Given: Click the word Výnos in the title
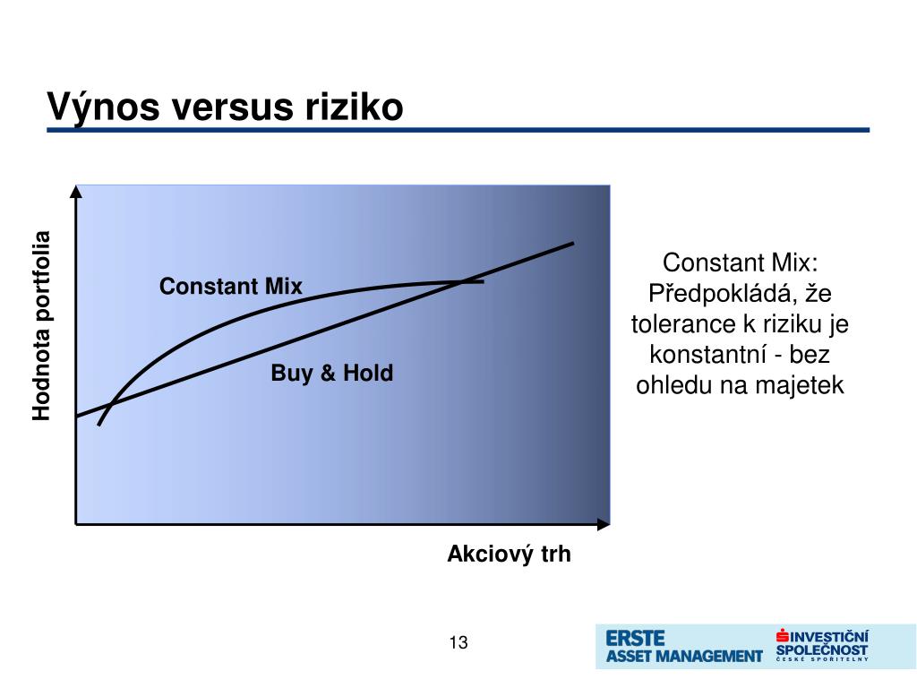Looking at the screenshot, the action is pyautogui.click(x=103, y=107).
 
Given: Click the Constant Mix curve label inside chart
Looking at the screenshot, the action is pyautogui.click(x=230, y=286).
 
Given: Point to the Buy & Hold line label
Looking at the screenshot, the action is pyautogui.click(x=331, y=373).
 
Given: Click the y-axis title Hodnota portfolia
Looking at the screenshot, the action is pyautogui.click(x=41, y=326).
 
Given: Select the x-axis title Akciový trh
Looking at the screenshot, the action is pyautogui.click(x=509, y=554).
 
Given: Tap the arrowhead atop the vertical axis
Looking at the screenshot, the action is pyautogui.click(x=76, y=192).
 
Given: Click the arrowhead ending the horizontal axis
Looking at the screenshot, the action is pyautogui.click(x=604, y=524).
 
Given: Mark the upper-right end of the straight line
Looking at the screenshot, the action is pyautogui.click(x=573, y=243).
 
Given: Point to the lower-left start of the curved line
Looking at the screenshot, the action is pyautogui.click(x=99, y=425).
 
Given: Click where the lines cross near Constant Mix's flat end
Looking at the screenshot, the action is pyautogui.click(x=463, y=282).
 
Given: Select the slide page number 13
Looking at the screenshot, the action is pyautogui.click(x=458, y=642).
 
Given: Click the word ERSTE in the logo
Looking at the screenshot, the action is pyautogui.click(x=635, y=638).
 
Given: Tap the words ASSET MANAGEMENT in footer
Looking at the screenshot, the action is pyautogui.click(x=684, y=657).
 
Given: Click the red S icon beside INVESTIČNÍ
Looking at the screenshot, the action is pyautogui.click(x=783, y=636).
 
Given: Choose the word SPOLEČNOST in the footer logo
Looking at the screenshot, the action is pyautogui.click(x=822, y=650).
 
